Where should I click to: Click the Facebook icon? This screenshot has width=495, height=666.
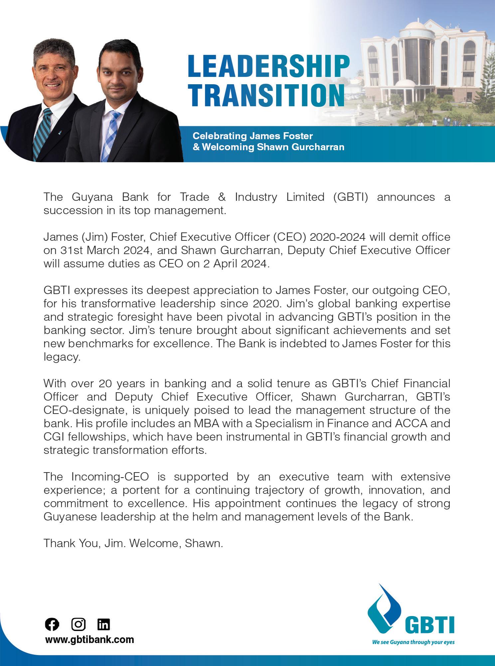(x=52, y=624)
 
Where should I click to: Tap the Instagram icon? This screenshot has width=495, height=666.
(x=78, y=624)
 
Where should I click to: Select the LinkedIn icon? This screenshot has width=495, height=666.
(x=103, y=624)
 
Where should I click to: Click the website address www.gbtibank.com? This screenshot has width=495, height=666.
(x=89, y=639)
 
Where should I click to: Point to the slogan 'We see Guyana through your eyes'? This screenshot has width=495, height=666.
(x=413, y=642)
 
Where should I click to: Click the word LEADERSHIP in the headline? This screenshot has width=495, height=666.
(x=268, y=66)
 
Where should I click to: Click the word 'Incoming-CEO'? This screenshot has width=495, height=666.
(x=110, y=477)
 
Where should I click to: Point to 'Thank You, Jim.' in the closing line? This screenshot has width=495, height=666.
(x=85, y=543)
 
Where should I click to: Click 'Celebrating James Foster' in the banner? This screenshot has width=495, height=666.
(x=253, y=136)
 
